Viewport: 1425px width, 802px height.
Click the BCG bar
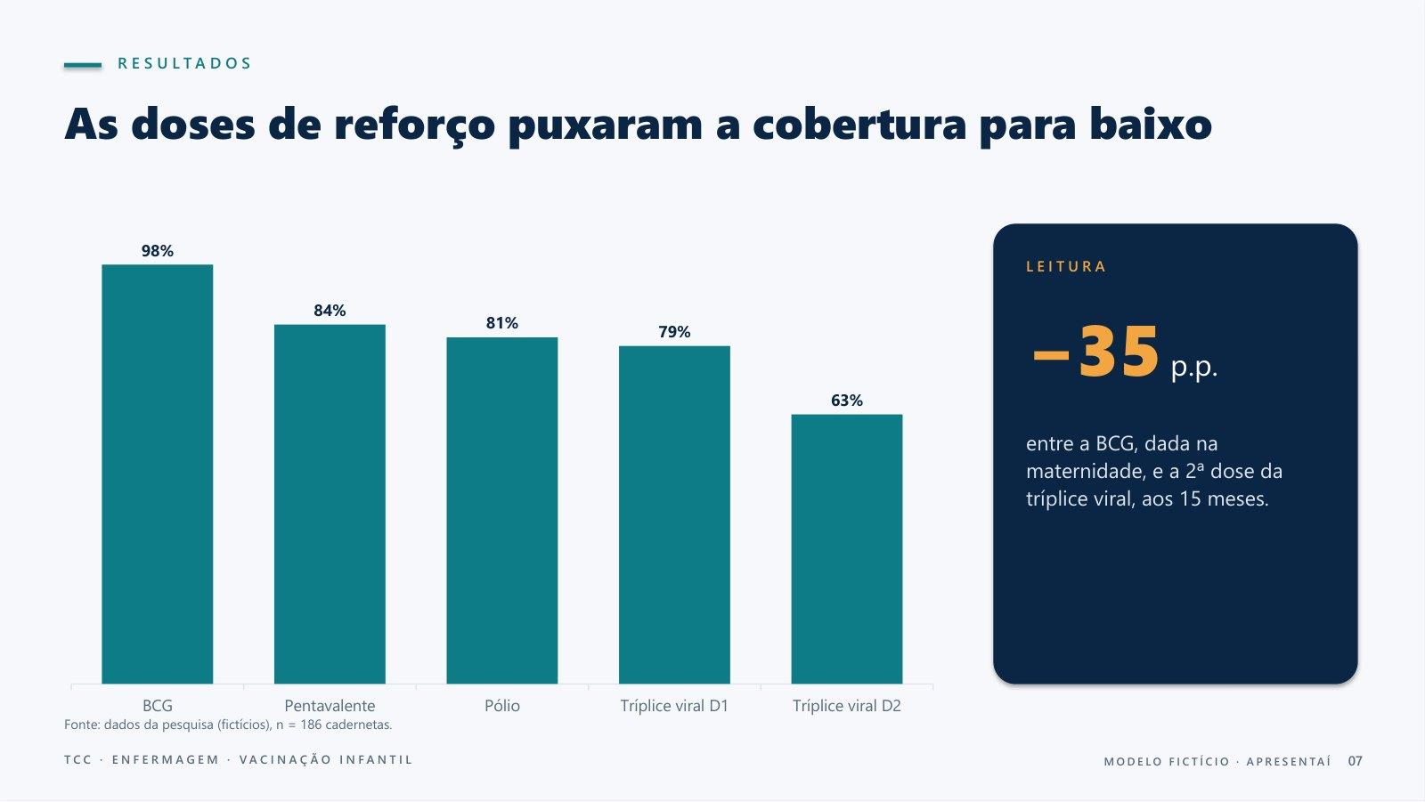point(157,474)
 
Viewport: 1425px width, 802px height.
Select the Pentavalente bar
point(330,505)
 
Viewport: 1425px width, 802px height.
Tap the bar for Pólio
point(502,511)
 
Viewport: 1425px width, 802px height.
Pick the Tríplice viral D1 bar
point(674,515)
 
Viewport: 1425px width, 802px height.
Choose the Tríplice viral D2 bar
point(847,549)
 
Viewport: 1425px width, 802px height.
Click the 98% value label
point(157,251)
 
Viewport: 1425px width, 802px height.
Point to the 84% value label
point(330,311)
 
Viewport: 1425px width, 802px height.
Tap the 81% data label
point(502,323)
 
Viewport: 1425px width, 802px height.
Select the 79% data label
point(674,332)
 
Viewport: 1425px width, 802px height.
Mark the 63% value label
point(847,401)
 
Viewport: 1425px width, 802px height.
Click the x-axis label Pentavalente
point(330,706)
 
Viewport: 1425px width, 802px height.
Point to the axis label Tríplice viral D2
point(847,706)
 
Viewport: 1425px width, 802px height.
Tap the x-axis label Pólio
point(502,706)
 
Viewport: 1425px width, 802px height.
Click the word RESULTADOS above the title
point(184,63)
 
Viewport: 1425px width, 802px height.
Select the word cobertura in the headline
point(859,124)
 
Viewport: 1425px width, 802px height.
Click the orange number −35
point(1095,352)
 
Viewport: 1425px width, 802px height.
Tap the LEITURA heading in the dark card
point(1066,266)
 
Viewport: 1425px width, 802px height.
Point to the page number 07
point(1355,761)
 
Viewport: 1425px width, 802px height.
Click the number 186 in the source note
point(311,725)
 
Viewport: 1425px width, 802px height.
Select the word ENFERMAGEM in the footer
point(166,760)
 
